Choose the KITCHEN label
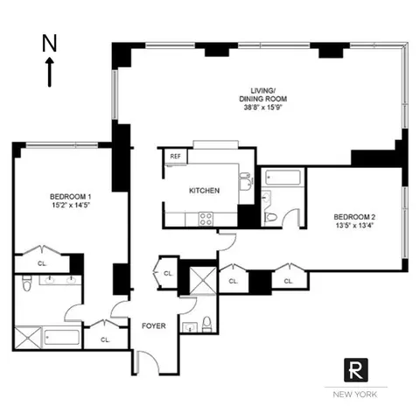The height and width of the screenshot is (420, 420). pos(204,191)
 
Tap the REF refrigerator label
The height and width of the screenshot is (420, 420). pos(175,157)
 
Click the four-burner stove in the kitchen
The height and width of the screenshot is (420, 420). pos(207,220)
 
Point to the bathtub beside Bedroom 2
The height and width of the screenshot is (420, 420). pos(282,183)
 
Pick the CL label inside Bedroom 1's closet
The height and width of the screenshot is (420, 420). pos(40,261)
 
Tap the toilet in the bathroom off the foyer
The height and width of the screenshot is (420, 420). pos(206,325)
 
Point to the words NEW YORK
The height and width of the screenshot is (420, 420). pos(355,395)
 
